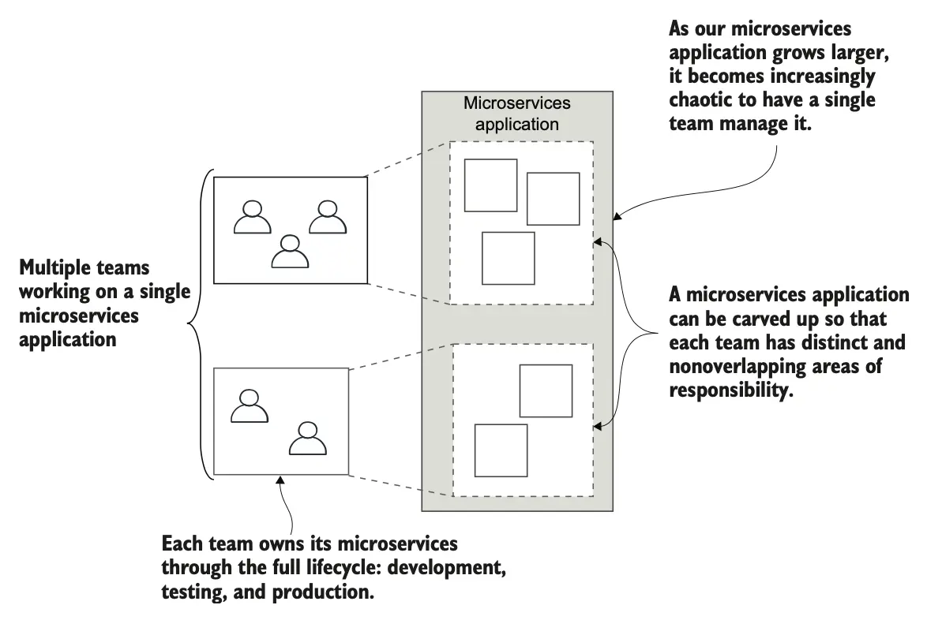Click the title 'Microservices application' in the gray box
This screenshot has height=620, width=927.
[516, 113]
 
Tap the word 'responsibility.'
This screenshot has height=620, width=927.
[730, 390]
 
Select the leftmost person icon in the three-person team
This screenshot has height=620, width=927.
[252, 217]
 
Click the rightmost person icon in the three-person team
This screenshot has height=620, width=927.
[327, 217]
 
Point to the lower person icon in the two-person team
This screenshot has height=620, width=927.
[307, 439]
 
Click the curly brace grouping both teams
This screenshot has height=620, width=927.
[197, 323]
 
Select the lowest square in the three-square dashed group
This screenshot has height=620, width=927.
[509, 258]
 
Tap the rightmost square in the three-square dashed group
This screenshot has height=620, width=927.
[553, 198]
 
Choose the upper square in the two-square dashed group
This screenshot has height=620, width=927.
[546, 390]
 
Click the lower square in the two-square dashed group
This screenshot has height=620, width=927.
[501, 450]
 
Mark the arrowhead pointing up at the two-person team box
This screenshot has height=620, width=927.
[281, 480]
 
